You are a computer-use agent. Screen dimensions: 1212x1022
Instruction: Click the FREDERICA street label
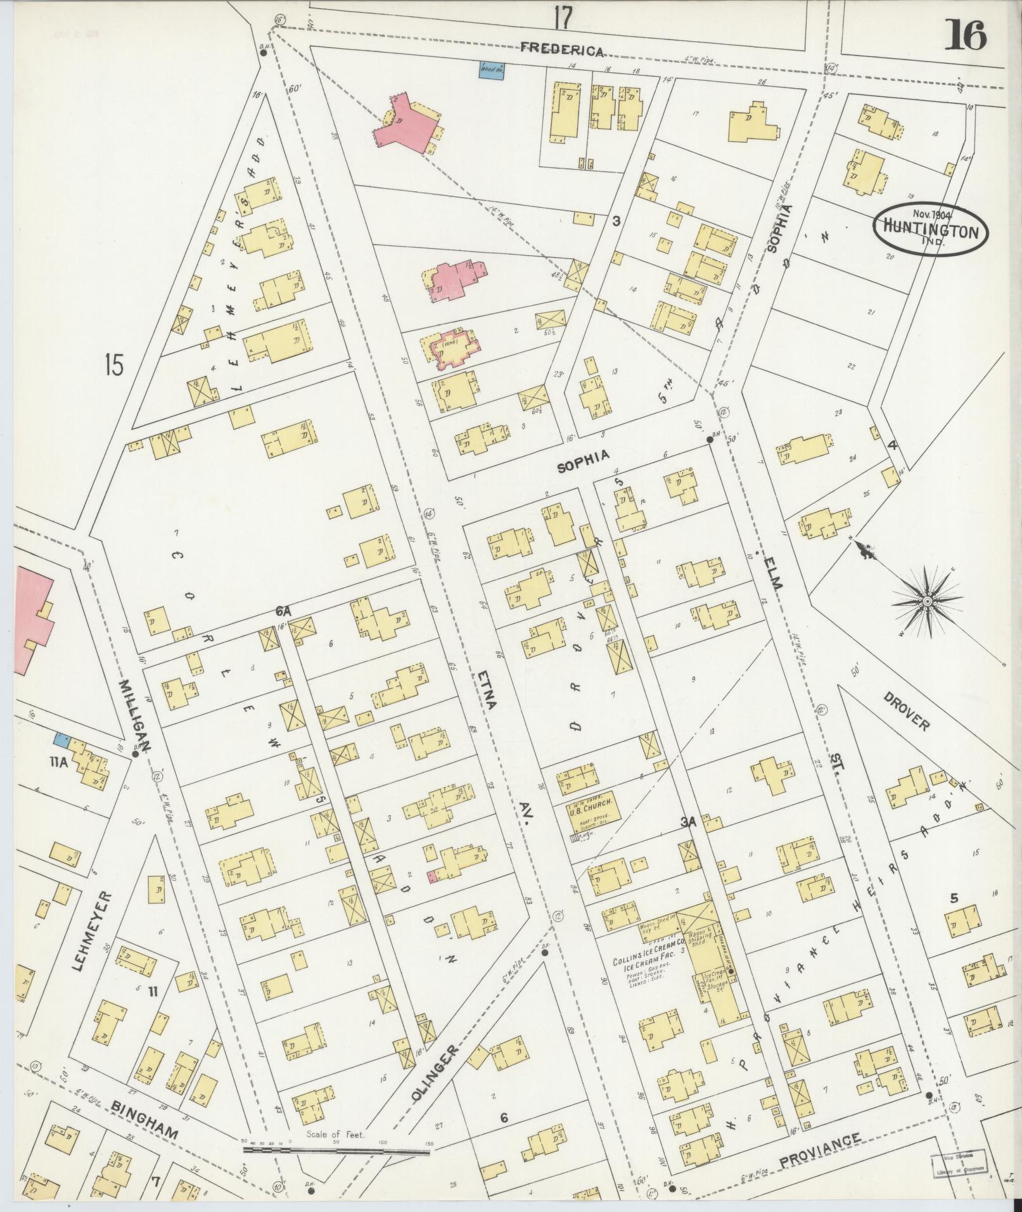[x=561, y=51]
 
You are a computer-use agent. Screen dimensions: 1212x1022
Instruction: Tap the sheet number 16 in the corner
[x=965, y=35]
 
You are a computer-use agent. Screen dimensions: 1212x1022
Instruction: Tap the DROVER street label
[x=907, y=710]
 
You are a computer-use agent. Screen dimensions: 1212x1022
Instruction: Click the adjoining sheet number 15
[x=114, y=366]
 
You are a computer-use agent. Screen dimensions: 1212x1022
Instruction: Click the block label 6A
[x=283, y=611]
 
